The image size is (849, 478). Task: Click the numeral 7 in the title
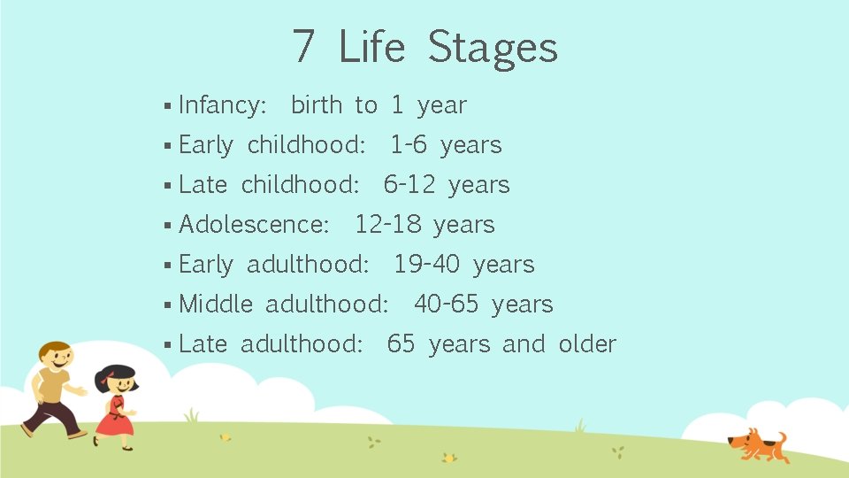pos(303,47)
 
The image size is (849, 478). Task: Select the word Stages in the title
pos(493,49)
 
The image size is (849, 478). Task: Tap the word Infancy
pos(222,105)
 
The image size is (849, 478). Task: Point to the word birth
pos(316,105)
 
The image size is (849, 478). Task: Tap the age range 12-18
pos(387,225)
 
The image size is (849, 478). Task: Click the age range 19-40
pos(426,265)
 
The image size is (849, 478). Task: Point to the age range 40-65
pos(446,305)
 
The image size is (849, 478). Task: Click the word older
pos(587,344)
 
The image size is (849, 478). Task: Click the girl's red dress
pos(114,419)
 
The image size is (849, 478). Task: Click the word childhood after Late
pos(300,185)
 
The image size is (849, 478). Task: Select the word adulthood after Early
pos(308,265)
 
